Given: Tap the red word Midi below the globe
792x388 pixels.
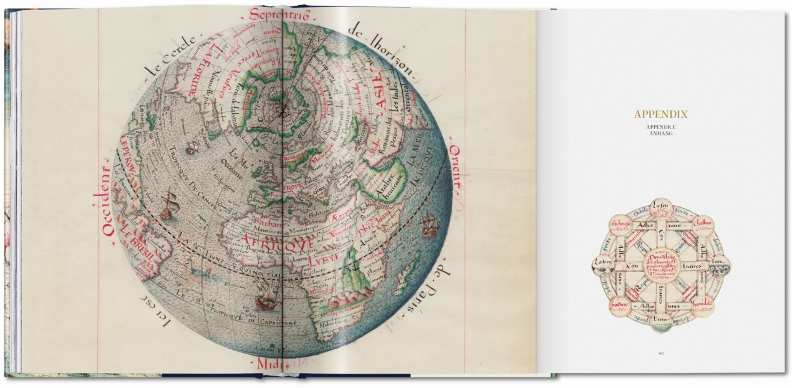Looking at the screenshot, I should [x=264, y=362].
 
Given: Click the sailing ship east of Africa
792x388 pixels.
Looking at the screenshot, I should [x=428, y=225].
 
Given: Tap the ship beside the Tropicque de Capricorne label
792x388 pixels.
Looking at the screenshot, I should [x=265, y=302].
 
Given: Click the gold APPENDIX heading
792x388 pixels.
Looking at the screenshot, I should [x=660, y=114].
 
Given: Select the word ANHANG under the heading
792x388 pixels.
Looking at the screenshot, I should [x=660, y=134].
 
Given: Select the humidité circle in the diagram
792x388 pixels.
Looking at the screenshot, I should [x=701, y=304].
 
